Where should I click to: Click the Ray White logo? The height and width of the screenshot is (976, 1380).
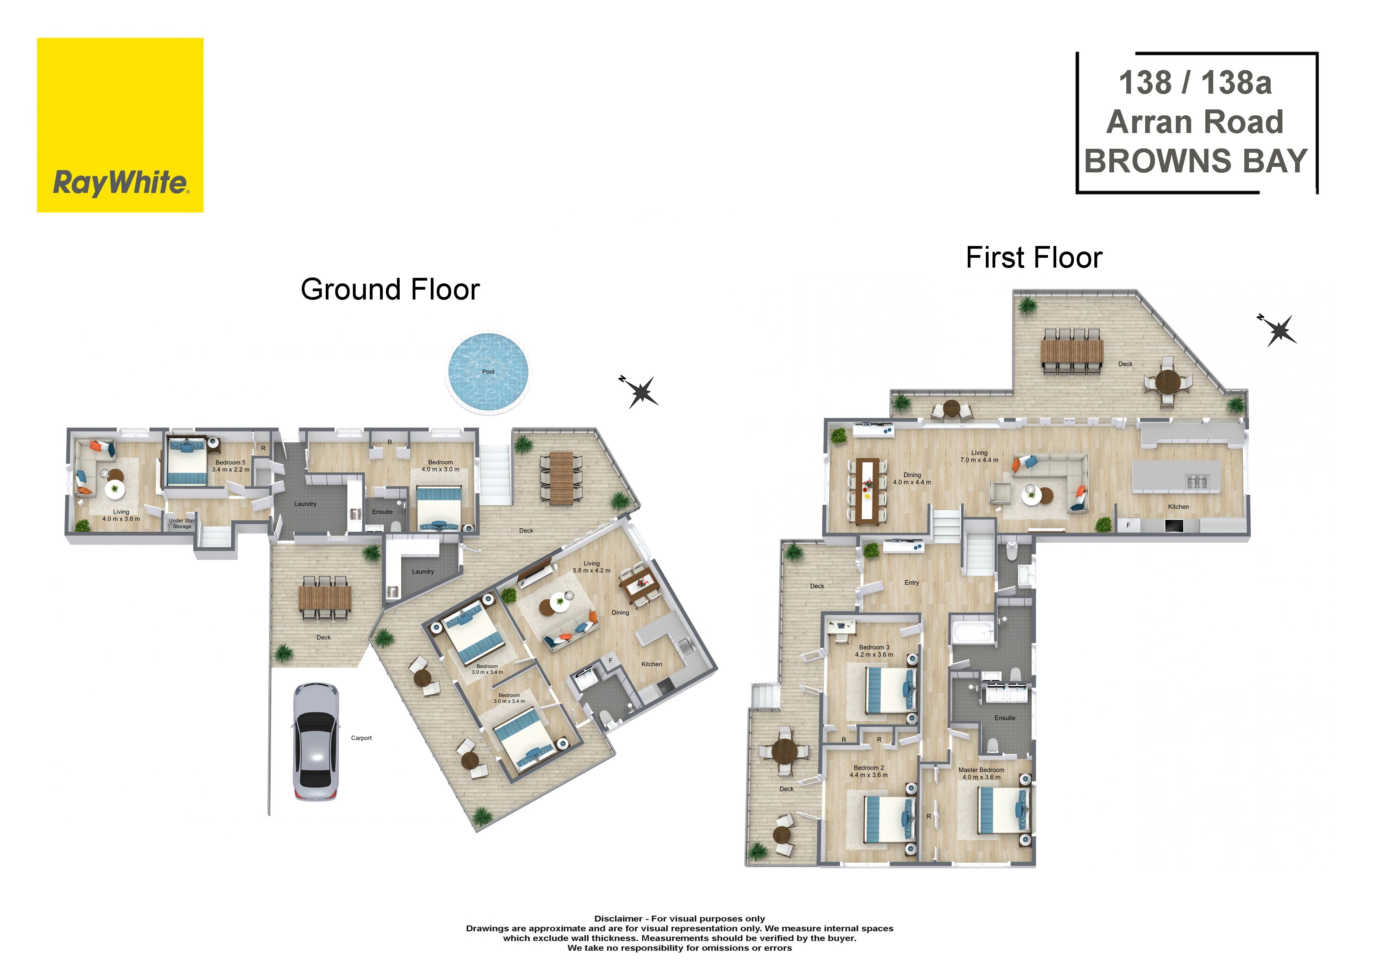[120, 125]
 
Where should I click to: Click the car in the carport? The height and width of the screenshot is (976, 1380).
[315, 741]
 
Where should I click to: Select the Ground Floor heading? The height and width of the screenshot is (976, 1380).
[390, 289]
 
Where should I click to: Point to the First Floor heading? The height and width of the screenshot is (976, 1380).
[1034, 258]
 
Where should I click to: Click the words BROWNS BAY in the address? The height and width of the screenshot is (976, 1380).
[1196, 161]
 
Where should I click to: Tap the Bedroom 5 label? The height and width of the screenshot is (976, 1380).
[231, 462]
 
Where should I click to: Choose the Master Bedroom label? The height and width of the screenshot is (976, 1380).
[981, 770]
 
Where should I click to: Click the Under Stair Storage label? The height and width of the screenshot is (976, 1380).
[181, 523]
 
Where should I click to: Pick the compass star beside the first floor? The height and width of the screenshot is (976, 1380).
[1279, 329]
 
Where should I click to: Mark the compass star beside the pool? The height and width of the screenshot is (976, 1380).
[641, 392]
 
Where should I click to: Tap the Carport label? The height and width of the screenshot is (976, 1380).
[361, 738]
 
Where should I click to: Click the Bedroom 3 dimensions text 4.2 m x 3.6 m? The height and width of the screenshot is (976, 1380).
[874, 655]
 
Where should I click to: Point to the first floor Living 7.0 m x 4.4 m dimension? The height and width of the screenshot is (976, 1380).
[979, 460]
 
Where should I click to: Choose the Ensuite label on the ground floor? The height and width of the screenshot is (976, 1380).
[382, 512]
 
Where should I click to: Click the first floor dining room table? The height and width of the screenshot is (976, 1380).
[867, 490]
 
